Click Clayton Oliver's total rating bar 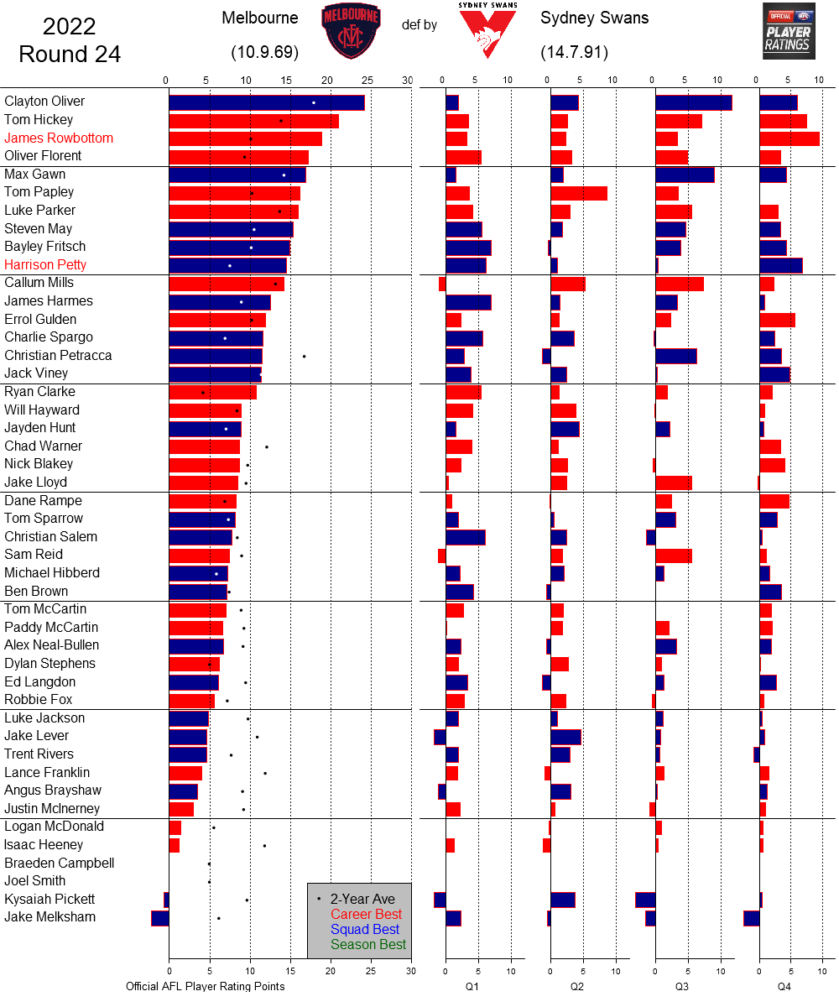click(x=266, y=102)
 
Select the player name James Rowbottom click(x=59, y=138)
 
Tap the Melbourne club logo click(x=351, y=31)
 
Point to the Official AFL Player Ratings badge click(x=789, y=31)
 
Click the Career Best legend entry click(x=366, y=914)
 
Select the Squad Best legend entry click(x=364, y=929)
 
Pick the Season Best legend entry click(x=367, y=944)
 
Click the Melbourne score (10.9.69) click(x=265, y=52)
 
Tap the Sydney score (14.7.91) click(x=575, y=52)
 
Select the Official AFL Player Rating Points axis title click(x=206, y=986)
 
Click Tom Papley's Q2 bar click(x=579, y=193)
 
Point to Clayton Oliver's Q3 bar click(x=693, y=102)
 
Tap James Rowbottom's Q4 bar click(x=789, y=138)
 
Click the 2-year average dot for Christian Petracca click(x=304, y=356)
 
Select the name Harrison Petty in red click(x=45, y=264)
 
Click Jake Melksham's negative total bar click(x=160, y=917)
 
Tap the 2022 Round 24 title click(x=70, y=40)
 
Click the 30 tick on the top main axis click(x=408, y=80)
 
